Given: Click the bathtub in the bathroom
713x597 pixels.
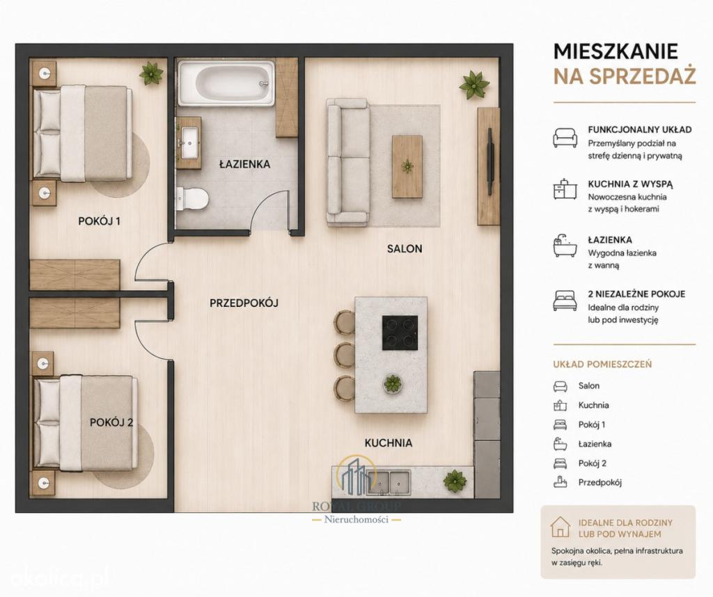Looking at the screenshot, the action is tap(226, 83).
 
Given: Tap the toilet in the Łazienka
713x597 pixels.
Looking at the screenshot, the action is tap(192, 199).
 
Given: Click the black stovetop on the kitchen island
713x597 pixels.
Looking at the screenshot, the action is tap(400, 333).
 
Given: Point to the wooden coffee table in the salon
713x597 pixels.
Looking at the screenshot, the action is tap(407, 166).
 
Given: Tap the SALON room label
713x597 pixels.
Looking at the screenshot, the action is tap(405, 248).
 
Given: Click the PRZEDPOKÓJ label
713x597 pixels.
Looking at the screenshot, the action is tap(244, 303).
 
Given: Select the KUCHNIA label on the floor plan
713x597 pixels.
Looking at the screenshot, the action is tap(389, 443).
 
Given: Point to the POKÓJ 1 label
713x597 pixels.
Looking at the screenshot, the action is tap(99, 221).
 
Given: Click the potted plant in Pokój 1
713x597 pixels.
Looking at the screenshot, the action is tap(151, 72).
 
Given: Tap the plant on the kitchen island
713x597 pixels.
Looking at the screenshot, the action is tap(391, 384).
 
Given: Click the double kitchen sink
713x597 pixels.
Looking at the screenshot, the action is tap(389, 482).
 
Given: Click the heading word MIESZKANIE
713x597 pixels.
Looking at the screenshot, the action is tap(616, 51).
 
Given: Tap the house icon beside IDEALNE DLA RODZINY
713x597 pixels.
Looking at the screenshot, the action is tap(561, 527).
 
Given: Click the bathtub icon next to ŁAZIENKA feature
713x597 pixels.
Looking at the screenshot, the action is tap(565, 246).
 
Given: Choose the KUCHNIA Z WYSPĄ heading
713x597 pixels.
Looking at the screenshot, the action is tap(630, 184).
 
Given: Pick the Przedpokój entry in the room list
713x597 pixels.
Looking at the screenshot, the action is tap(600, 482).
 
